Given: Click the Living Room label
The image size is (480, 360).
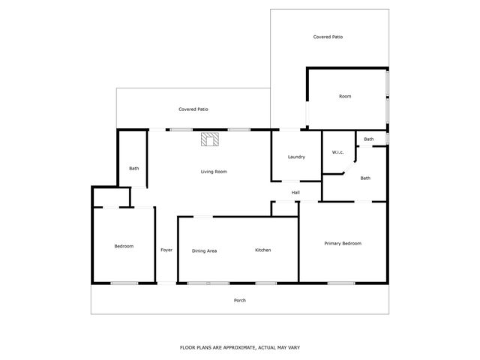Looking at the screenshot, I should (214, 172).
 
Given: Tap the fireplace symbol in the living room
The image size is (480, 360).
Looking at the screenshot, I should (209, 139).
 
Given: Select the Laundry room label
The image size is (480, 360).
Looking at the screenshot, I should (296, 157).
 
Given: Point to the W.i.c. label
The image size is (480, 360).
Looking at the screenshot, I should (337, 153).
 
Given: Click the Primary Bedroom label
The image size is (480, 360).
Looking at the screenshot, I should (343, 243).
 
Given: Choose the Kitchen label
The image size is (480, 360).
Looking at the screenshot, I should (262, 250).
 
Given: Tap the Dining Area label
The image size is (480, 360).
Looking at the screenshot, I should (204, 250).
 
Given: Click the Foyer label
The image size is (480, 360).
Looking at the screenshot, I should (166, 250).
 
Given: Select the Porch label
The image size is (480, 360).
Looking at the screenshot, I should (240, 300).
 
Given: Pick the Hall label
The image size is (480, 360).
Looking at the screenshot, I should (296, 193).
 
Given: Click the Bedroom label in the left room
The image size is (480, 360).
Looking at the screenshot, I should (124, 246).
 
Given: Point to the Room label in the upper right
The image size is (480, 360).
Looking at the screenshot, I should (345, 96).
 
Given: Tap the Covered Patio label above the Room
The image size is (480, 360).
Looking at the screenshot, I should (328, 37).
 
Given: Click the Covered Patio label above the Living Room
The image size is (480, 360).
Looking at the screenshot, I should (193, 109).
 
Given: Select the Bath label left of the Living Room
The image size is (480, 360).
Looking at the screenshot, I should (133, 168).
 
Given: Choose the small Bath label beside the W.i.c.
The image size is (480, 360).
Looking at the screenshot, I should (369, 139).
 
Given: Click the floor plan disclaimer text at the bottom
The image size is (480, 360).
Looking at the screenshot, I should (240, 347).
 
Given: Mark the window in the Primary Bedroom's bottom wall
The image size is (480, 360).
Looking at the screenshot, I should (341, 283).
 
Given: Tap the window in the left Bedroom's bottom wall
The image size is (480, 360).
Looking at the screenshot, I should (124, 283).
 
